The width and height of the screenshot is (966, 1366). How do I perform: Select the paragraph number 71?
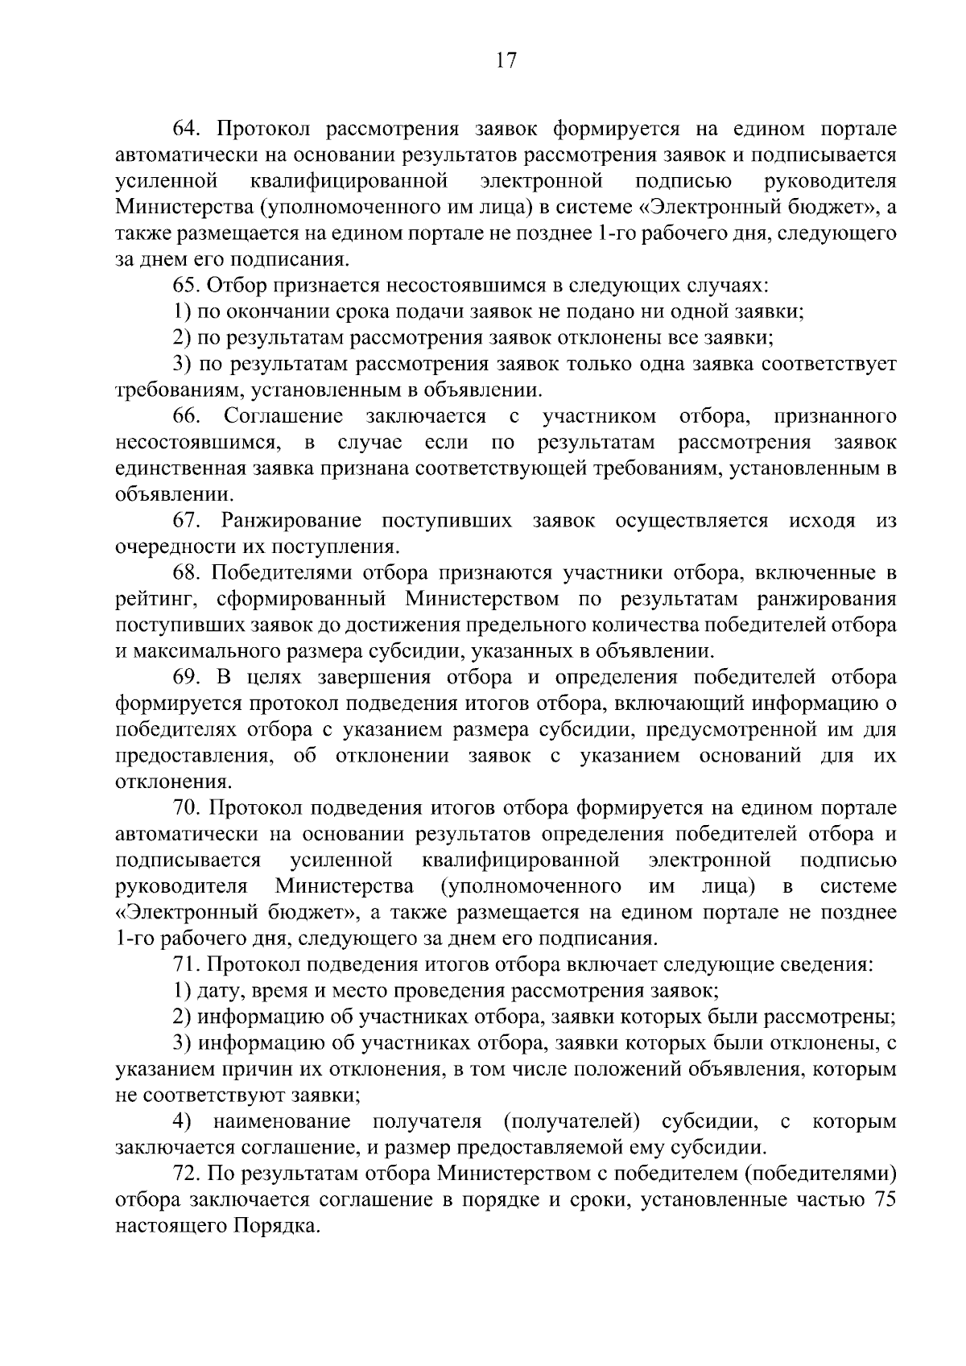pos(185,964)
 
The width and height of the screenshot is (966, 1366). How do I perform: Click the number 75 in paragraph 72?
pos(883,1199)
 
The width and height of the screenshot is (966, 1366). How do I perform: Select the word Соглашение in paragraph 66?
pos(283,416)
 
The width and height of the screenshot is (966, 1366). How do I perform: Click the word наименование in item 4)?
pos(282,1121)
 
